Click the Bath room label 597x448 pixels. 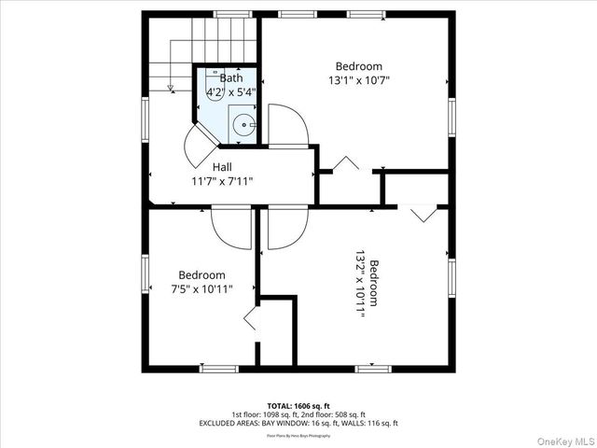tap(229, 78)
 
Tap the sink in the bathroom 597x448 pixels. tap(243, 123)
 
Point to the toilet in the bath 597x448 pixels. tap(213, 86)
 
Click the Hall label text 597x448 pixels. tap(222, 167)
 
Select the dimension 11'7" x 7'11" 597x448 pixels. tap(222, 181)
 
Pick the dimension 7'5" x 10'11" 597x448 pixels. tap(202, 289)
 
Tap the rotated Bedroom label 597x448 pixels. tap(373, 283)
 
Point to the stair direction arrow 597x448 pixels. tap(169, 88)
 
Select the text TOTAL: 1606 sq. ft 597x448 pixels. tap(298, 405)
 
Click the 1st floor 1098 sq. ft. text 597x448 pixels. tap(264, 414)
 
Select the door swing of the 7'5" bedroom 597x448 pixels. tap(229, 230)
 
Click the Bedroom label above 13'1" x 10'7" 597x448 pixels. tap(359, 66)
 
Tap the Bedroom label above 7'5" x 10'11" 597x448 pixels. tap(202, 275)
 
